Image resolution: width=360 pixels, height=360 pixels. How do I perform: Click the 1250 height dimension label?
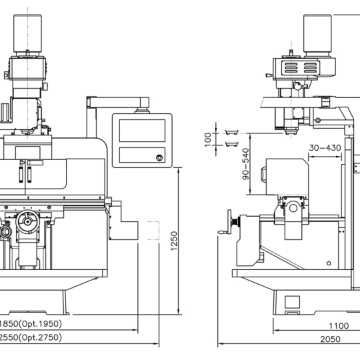174,241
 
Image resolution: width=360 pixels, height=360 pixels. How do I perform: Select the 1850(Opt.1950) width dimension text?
31,324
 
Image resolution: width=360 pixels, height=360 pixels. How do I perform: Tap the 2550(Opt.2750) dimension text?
31,337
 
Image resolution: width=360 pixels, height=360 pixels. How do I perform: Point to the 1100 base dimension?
339,326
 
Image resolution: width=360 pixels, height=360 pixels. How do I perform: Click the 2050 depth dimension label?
331,339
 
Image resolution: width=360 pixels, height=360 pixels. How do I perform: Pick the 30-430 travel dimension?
325,148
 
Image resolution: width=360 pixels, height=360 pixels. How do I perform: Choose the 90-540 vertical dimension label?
245,164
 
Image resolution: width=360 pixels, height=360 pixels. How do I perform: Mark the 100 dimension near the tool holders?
207,139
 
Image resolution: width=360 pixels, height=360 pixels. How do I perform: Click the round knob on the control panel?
159,158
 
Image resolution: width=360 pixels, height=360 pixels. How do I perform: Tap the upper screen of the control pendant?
142,131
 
